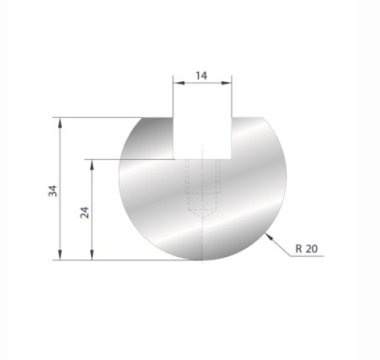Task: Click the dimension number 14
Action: click(x=202, y=75)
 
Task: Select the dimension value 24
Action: click(x=85, y=210)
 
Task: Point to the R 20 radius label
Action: click(x=306, y=249)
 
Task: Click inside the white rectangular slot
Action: click(x=203, y=134)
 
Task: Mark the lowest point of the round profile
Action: click(x=202, y=260)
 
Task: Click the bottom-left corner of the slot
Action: click(x=174, y=157)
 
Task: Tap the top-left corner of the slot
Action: click(x=174, y=118)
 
